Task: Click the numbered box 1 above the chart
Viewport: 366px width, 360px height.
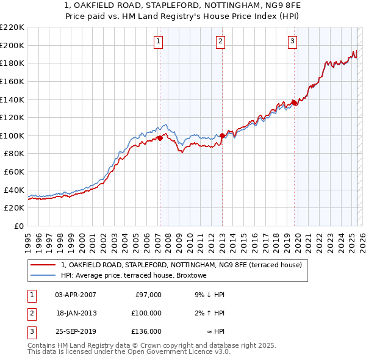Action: [158, 41]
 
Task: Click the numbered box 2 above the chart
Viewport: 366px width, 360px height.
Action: [220, 41]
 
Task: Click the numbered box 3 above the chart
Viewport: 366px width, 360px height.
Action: [293, 41]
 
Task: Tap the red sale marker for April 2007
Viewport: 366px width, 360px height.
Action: [160, 138]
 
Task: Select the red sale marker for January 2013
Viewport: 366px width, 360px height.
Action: [222, 135]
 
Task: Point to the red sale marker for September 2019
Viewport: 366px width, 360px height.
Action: [294, 103]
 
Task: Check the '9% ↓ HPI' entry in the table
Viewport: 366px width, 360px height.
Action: [209, 295]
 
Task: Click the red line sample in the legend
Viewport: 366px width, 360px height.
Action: [43, 265]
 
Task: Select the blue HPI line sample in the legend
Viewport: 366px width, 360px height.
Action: [43, 276]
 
